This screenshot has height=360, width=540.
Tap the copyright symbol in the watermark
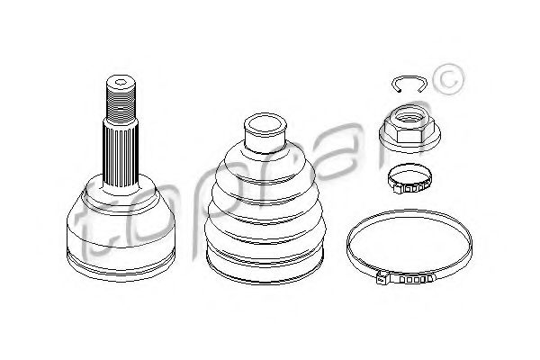click(447, 80)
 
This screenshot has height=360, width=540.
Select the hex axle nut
click(409, 129)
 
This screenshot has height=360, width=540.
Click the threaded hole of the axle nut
click(409, 116)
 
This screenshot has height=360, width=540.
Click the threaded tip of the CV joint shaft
click(121, 100)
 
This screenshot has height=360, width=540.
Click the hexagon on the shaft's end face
click(121, 82)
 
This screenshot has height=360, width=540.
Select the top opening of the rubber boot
click(265, 124)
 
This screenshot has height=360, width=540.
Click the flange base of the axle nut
click(409, 140)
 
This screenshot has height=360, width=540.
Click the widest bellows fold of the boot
click(265, 230)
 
